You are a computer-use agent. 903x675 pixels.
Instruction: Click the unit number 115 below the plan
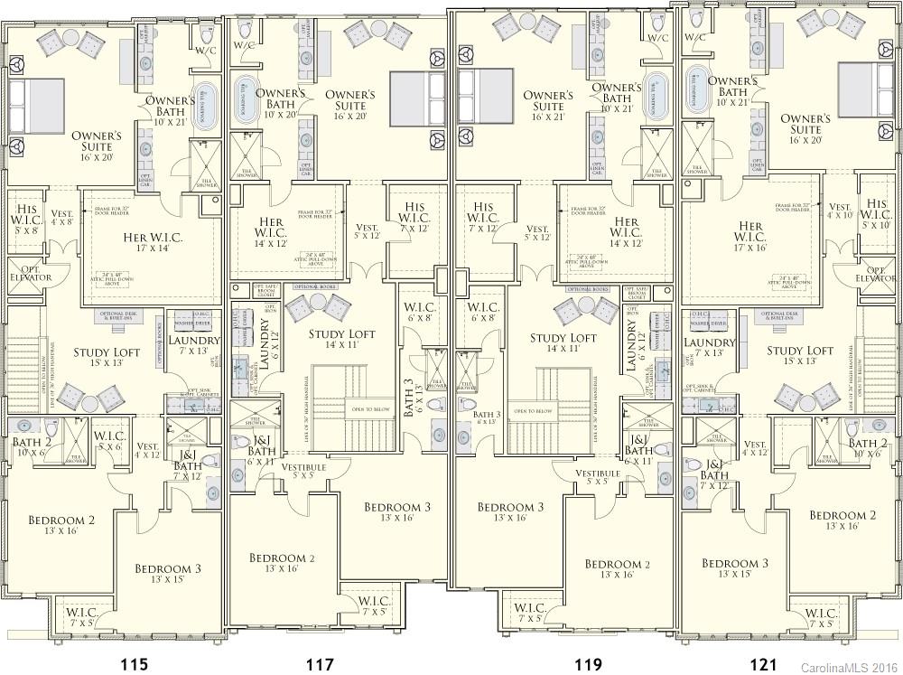coord(134,664)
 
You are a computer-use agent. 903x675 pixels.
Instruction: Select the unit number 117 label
coord(321,664)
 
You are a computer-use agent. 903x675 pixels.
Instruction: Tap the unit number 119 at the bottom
coord(588,664)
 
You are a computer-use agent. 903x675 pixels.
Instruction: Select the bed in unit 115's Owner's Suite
coord(36,107)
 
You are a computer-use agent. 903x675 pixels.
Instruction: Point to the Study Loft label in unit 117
coord(340,338)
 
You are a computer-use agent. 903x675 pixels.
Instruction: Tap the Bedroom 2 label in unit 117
coord(282,563)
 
